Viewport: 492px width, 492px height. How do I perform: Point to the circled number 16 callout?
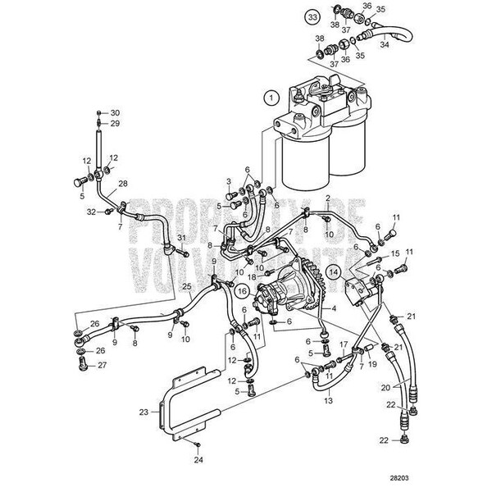click(x=243, y=289)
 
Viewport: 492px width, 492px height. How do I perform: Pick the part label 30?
click(x=115, y=112)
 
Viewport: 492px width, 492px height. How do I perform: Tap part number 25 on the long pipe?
click(x=186, y=286)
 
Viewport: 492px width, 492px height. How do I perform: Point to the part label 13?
click(x=327, y=401)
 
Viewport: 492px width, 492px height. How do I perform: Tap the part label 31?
click(x=182, y=238)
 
